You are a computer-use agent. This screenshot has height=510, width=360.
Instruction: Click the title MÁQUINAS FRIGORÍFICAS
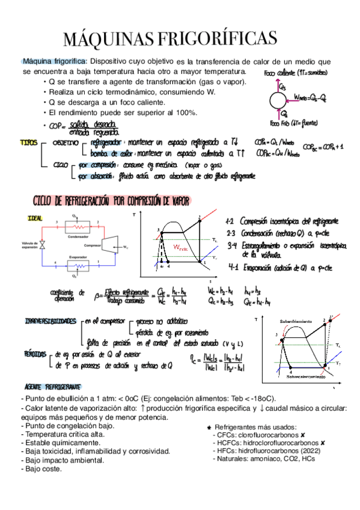tap(171, 40)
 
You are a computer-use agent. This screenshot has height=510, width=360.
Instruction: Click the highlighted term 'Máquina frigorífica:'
tap(55, 61)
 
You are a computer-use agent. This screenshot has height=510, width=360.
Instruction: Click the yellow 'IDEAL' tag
tap(35, 218)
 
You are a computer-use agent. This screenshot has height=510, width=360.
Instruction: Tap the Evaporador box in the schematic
tap(77, 265)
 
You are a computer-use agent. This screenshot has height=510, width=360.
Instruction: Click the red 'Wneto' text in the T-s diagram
tap(180, 248)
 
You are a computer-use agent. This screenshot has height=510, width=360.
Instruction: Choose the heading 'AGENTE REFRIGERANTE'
tap(53, 386)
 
